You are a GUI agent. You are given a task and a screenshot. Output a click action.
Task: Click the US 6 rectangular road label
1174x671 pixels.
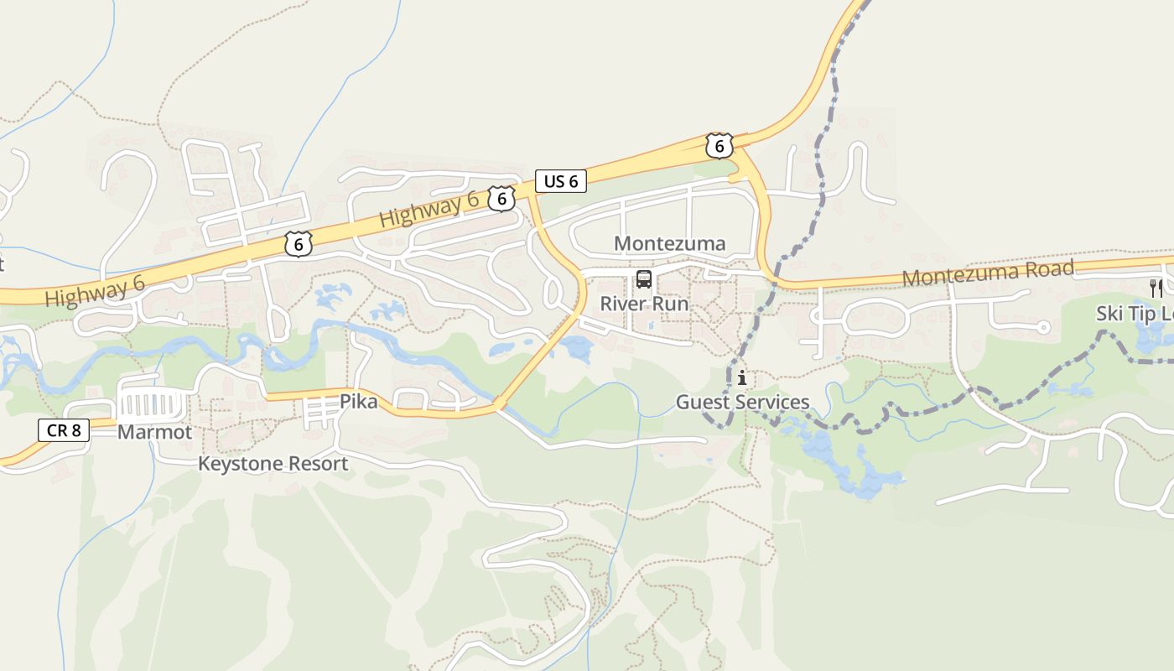click(561, 180)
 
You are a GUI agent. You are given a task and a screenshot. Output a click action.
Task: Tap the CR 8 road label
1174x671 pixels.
click(64, 430)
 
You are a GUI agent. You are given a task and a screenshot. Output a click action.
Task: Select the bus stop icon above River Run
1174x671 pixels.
click(643, 279)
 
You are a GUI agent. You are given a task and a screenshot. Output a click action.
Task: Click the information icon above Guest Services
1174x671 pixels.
click(742, 378)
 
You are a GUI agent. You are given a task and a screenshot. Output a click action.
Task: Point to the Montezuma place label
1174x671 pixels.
click(670, 244)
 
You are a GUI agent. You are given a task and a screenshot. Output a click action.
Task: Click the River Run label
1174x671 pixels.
click(644, 304)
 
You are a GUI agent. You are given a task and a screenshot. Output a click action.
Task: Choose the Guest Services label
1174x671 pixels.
click(743, 403)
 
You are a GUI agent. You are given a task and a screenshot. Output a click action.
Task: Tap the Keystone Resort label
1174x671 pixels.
click(273, 464)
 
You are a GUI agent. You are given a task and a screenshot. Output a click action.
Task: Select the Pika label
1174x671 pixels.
click(358, 403)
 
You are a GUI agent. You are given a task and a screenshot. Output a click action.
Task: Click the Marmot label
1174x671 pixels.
click(154, 433)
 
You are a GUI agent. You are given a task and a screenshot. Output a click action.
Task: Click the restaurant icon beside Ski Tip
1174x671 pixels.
click(1156, 288)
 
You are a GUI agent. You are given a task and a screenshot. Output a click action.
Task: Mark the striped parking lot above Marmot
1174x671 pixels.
click(152, 405)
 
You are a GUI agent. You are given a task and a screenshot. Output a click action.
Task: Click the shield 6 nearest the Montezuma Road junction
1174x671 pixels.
click(719, 145)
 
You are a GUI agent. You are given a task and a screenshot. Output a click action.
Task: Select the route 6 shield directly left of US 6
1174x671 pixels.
click(501, 199)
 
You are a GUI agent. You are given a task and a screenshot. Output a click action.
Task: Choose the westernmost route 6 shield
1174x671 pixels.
click(298, 243)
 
